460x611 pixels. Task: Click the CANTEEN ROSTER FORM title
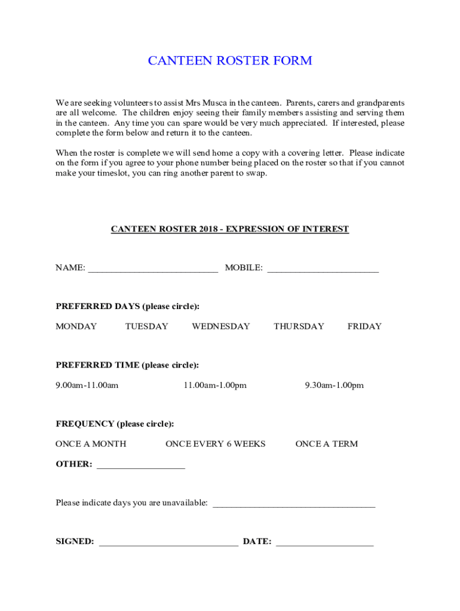pyautogui.click(x=230, y=61)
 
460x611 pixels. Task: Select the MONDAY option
pyautogui.click(x=76, y=326)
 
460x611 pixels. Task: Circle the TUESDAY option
pyautogui.click(x=146, y=326)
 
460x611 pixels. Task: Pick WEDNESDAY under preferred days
pyautogui.click(x=220, y=326)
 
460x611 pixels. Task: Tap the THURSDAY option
pyautogui.click(x=299, y=326)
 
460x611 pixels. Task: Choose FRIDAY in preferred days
pyautogui.click(x=364, y=326)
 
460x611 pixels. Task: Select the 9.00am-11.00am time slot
pyautogui.click(x=87, y=385)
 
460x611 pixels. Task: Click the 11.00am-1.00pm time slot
pyautogui.click(x=215, y=385)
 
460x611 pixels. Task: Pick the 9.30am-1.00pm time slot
pyautogui.click(x=334, y=385)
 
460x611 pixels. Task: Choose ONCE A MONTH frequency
pyautogui.click(x=91, y=444)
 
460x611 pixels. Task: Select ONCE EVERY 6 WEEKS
pyautogui.click(x=215, y=444)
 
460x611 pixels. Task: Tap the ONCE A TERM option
pyautogui.click(x=327, y=444)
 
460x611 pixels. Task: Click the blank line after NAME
pyautogui.click(x=153, y=270)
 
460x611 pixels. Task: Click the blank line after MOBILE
pyautogui.click(x=323, y=270)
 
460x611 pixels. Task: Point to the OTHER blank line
pyautogui.click(x=140, y=466)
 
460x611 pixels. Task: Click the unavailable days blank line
pyautogui.click(x=294, y=505)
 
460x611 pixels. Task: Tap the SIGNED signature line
pyautogui.click(x=168, y=544)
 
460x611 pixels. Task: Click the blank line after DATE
pyautogui.click(x=324, y=544)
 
